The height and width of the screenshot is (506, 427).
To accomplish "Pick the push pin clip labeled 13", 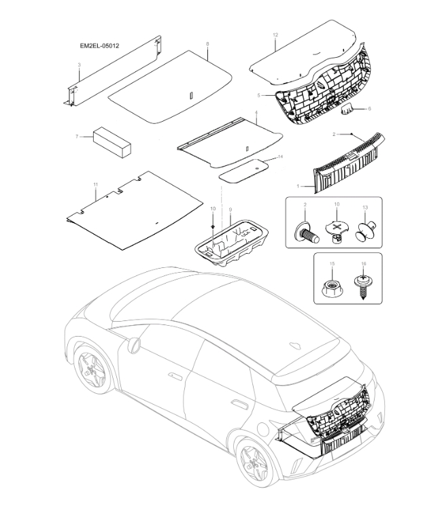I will click(x=364, y=231).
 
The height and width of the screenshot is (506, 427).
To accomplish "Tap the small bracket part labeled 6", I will click(x=348, y=107).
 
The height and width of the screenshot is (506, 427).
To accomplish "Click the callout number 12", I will click(x=275, y=34).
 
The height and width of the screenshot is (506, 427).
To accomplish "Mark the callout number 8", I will click(x=207, y=44).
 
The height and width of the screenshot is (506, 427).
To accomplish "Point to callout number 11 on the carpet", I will click(x=96, y=185).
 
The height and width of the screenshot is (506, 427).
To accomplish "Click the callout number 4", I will click(x=256, y=112).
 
